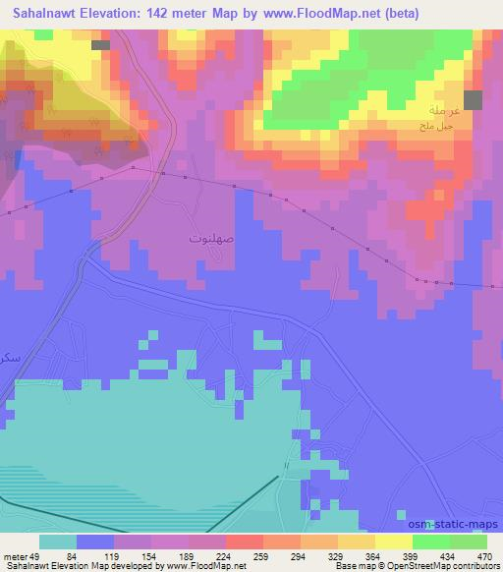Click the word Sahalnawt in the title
(43, 15)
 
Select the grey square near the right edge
(474, 99)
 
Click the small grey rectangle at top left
(100, 45)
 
